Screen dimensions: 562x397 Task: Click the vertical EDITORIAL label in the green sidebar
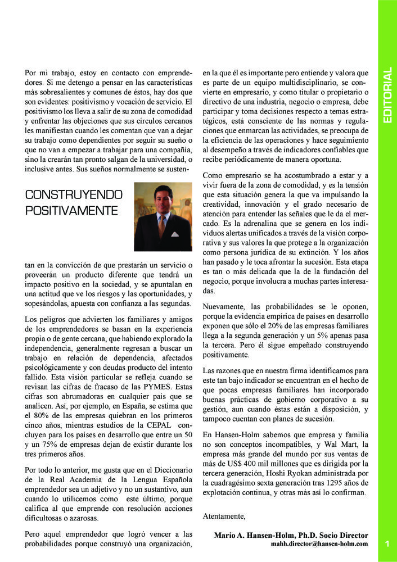point(387,96)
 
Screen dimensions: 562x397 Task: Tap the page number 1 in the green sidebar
point(387,543)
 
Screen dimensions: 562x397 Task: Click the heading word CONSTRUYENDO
point(74,195)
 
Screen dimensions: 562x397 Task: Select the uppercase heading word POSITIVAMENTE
point(71,211)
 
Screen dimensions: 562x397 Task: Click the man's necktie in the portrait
point(162,227)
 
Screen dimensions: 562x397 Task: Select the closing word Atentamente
point(224,515)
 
